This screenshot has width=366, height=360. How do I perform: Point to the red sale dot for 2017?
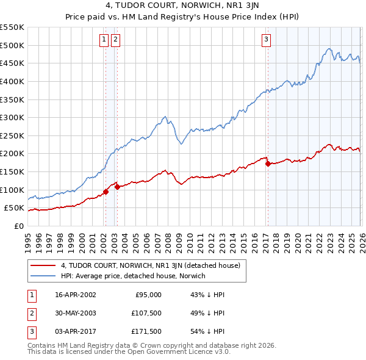pos(268,164)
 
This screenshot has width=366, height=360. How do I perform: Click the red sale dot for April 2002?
pos(106,192)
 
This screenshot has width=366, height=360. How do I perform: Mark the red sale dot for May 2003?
pos(117,187)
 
